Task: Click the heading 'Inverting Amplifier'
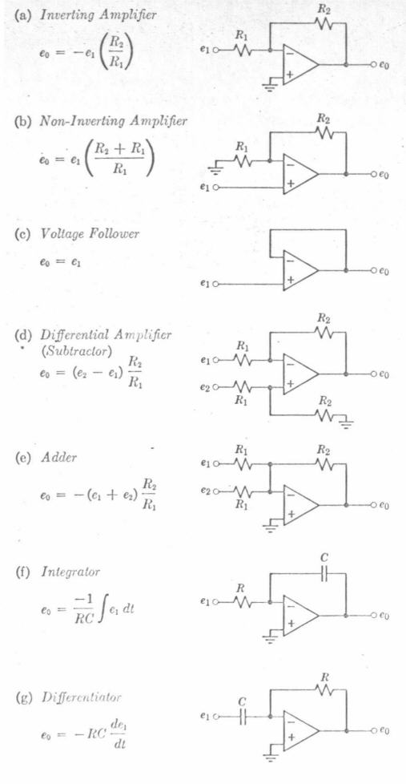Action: coord(98,14)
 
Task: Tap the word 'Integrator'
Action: coord(70,571)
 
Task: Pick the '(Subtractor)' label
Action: coord(75,351)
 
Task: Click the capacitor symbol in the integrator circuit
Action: coord(323,576)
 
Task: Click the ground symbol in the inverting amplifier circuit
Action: coord(272,83)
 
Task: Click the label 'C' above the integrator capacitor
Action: coord(324,558)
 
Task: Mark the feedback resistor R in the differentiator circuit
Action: coord(324,690)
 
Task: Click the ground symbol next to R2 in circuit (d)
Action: coord(347,422)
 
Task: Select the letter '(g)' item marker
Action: coord(24,697)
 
